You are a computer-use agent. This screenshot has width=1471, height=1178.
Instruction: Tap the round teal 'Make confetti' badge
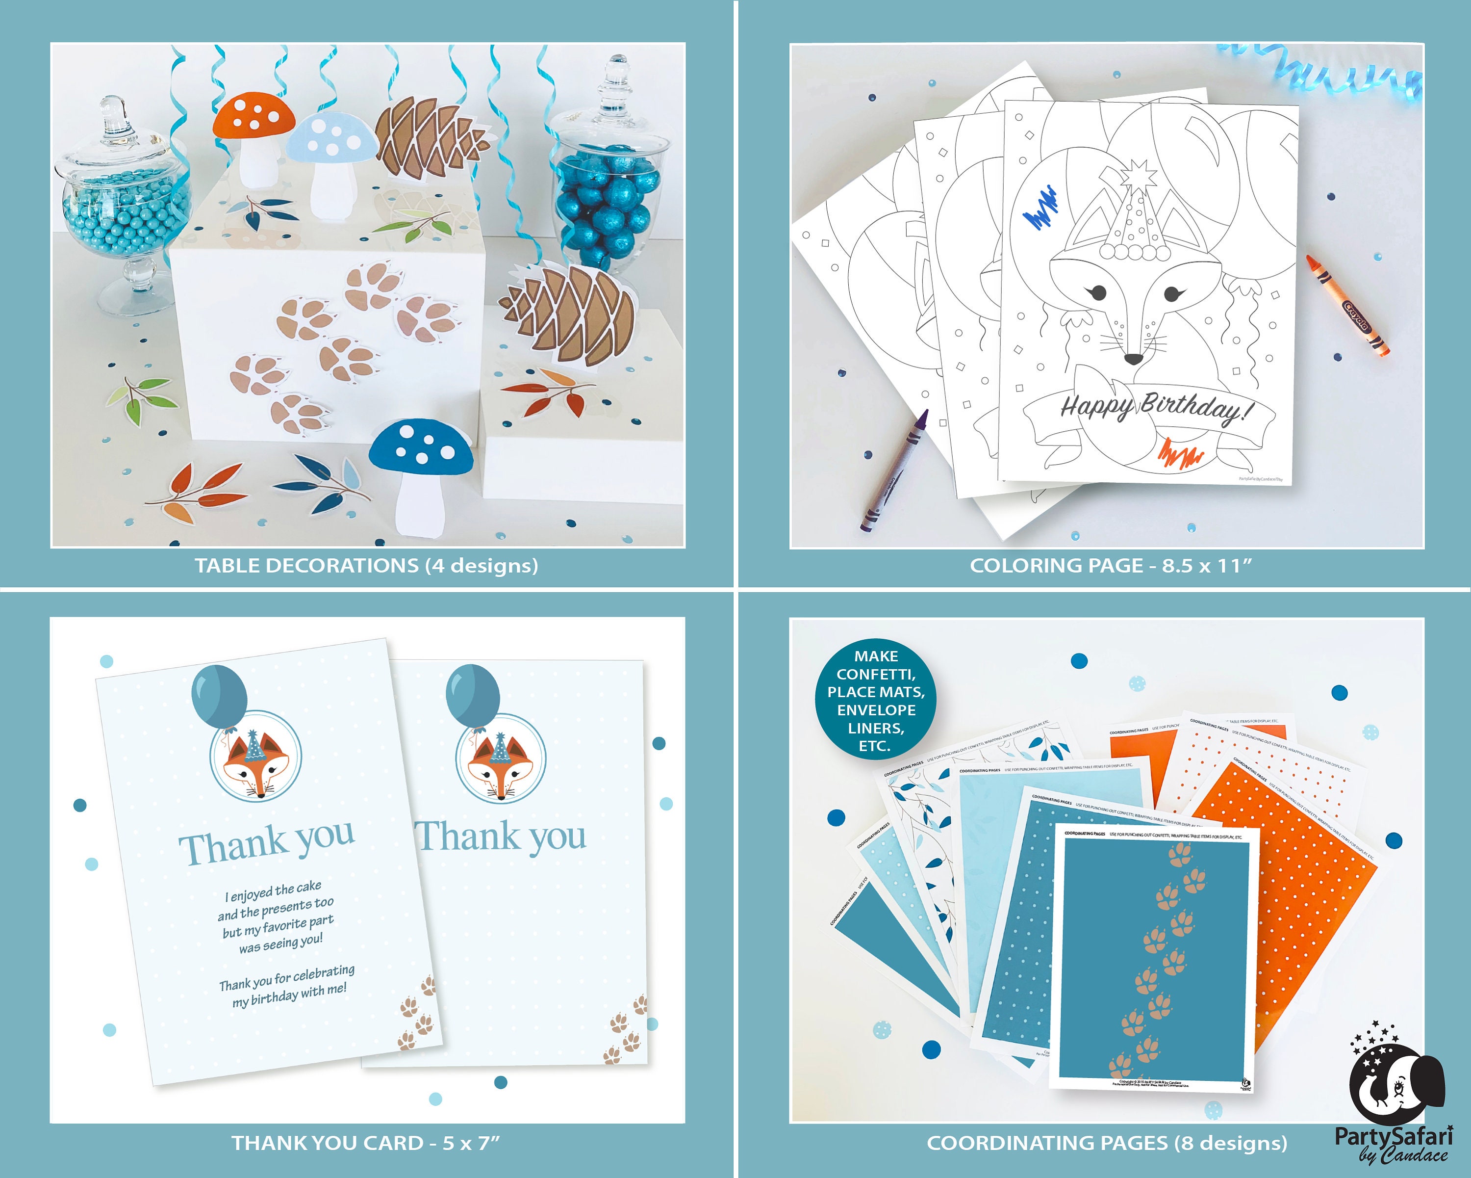(876, 701)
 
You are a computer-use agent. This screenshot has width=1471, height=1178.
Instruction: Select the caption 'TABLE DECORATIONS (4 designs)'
(366, 566)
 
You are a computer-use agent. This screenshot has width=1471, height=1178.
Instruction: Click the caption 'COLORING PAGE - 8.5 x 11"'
(1111, 566)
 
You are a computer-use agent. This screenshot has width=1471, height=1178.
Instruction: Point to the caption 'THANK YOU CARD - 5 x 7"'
(366, 1143)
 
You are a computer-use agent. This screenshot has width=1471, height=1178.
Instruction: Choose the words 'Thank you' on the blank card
(502, 837)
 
